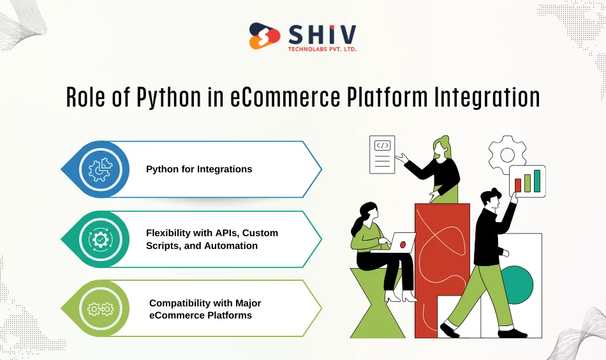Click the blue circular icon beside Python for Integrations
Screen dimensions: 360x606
click(100, 169)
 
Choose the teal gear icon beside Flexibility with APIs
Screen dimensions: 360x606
click(100, 239)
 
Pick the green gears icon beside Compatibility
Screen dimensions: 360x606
click(100, 309)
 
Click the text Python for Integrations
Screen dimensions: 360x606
click(199, 169)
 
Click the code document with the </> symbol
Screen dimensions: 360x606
click(383, 154)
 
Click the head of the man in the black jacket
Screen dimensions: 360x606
click(492, 200)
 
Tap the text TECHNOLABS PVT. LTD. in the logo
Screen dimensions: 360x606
click(322, 49)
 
